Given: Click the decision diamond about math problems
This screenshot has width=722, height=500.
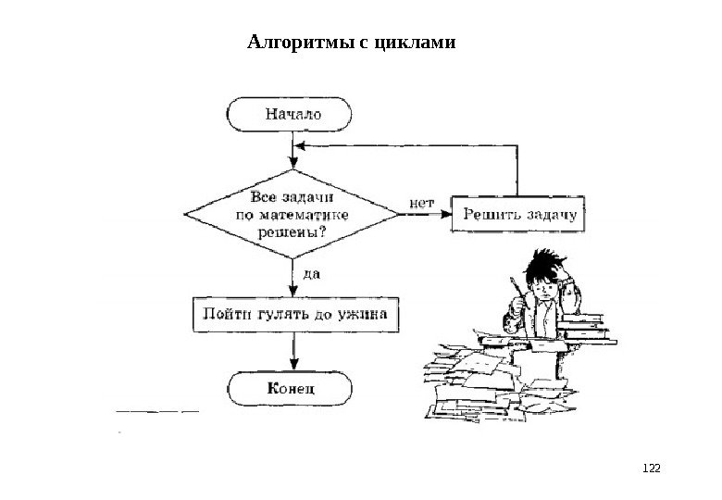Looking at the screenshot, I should click(293, 215).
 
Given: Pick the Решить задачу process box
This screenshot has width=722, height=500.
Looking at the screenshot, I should click(519, 215).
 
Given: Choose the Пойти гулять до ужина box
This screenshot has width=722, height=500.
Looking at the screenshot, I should click(296, 314).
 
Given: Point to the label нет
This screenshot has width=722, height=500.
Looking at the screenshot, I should click(420, 200).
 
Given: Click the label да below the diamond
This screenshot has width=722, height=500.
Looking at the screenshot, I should click(312, 273).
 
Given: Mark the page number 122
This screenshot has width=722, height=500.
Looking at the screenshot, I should click(654, 470).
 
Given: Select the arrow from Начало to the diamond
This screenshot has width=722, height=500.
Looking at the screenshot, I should click(293, 150).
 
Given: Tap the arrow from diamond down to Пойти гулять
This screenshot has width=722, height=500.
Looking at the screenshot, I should click(293, 278).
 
